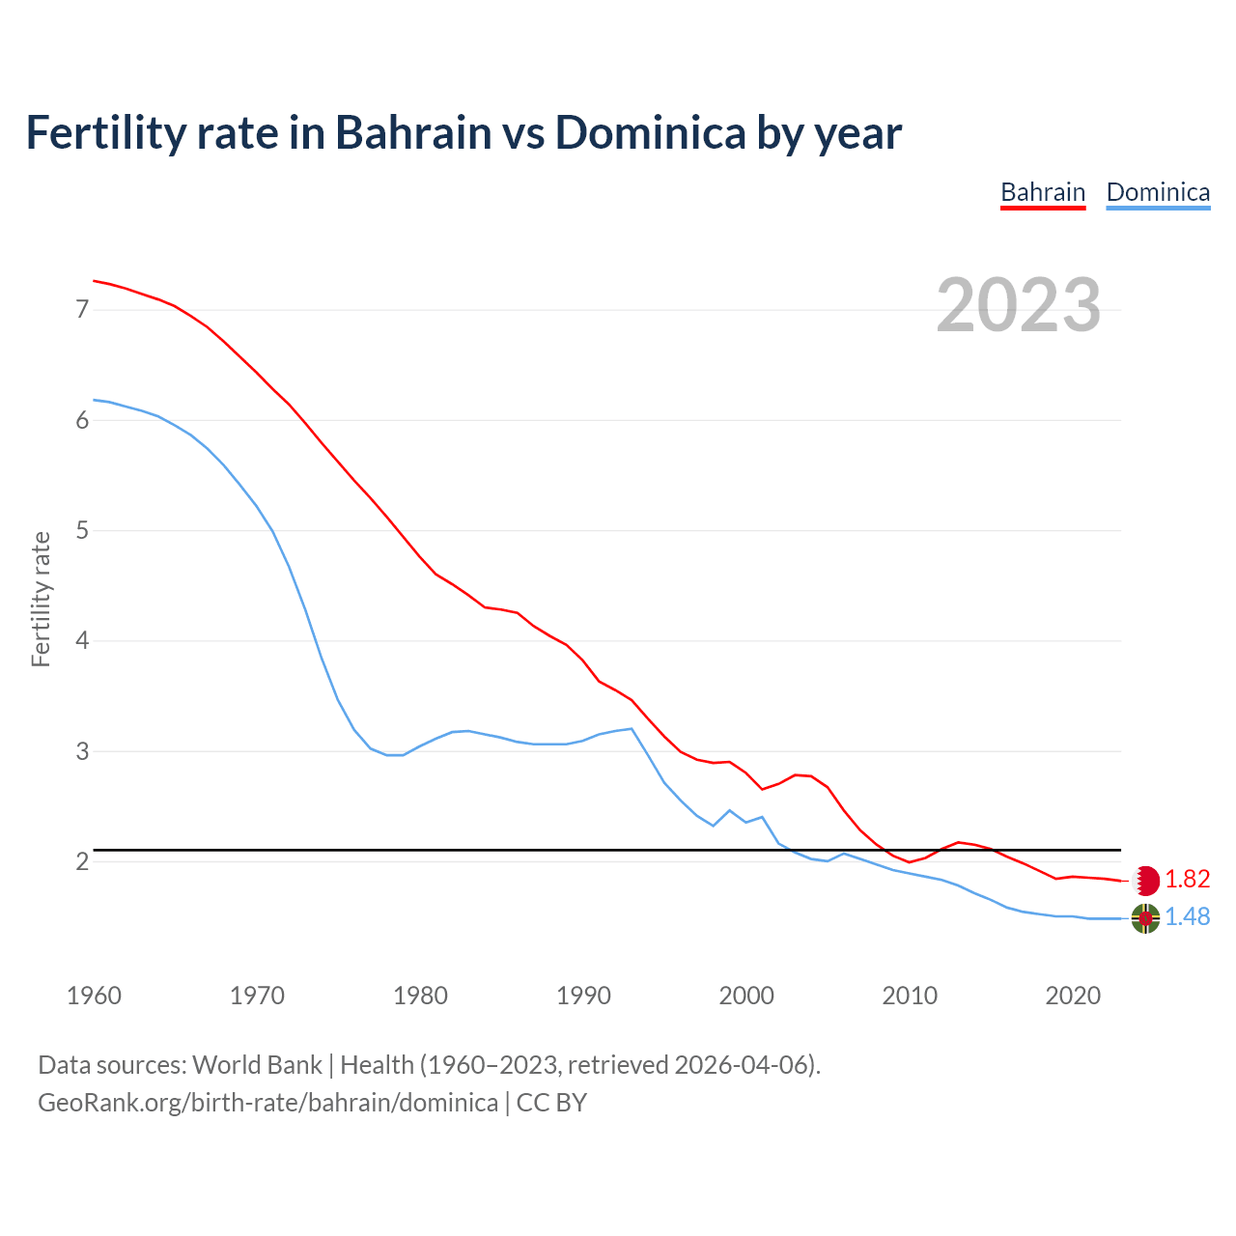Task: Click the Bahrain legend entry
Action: (x=1043, y=192)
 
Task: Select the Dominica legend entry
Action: (x=1158, y=192)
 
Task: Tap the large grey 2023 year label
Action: (x=1019, y=305)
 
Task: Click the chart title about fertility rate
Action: (x=463, y=132)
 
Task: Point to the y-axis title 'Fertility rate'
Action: (x=41, y=599)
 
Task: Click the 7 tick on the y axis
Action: (x=82, y=310)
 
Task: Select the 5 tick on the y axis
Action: (x=82, y=530)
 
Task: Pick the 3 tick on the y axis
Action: (x=82, y=751)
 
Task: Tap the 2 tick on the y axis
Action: (x=82, y=861)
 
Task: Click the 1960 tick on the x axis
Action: (x=94, y=996)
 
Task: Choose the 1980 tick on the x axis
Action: (x=420, y=996)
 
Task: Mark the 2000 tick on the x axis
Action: (x=746, y=996)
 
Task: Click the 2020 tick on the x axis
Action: (x=1073, y=996)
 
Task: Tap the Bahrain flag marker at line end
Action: (x=1145, y=881)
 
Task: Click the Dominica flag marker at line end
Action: (x=1145, y=918)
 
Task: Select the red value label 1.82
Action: (x=1187, y=880)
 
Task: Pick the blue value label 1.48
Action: (x=1187, y=917)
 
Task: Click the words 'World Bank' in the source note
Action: (x=257, y=1065)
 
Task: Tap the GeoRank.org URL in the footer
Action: (x=267, y=1103)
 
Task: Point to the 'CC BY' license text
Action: (x=551, y=1103)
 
